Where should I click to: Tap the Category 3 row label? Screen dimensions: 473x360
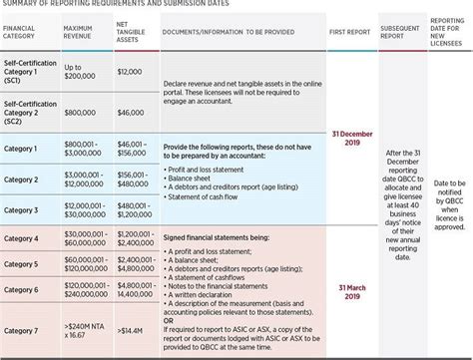pos(22,210)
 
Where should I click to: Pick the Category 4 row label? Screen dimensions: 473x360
pos(22,240)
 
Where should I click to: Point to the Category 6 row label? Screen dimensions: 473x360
pos(22,290)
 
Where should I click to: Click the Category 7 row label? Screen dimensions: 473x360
pos(22,330)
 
